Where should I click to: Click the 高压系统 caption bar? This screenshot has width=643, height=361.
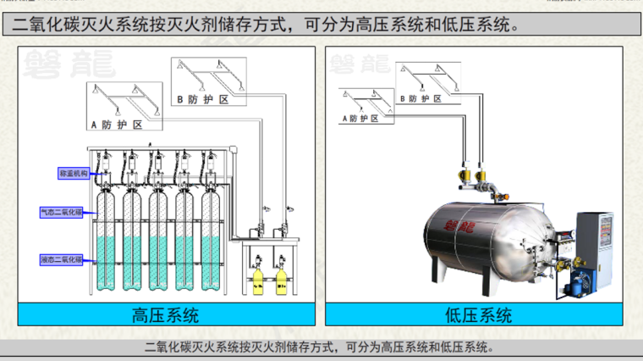[x=165, y=315]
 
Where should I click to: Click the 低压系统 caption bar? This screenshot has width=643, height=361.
[x=478, y=315]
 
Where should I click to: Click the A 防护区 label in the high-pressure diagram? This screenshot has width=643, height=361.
[x=114, y=124]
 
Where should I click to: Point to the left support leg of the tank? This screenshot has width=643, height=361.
[x=438, y=271]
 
